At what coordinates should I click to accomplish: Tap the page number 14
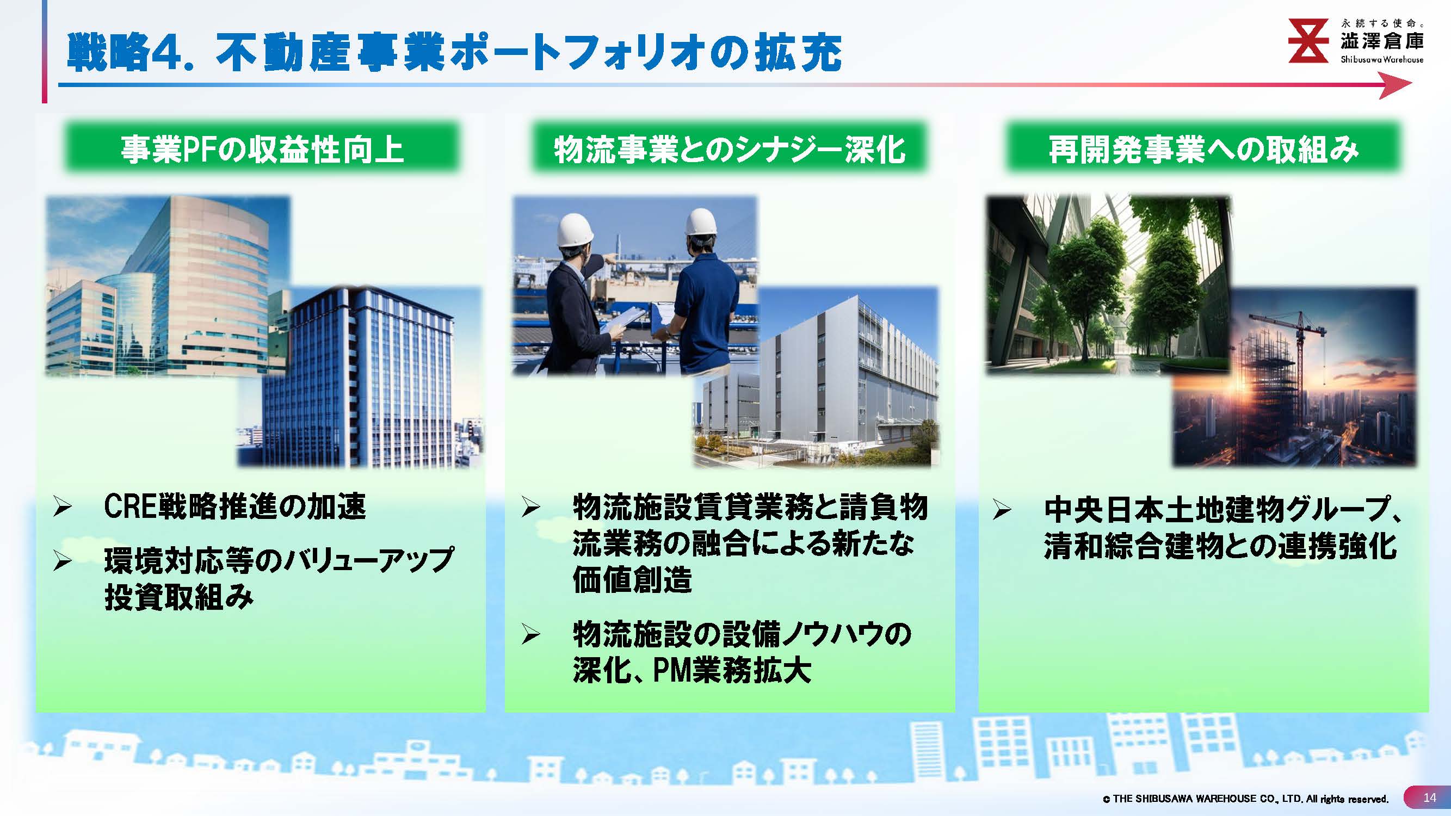coord(1430,798)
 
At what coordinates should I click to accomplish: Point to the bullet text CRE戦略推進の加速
coord(235,507)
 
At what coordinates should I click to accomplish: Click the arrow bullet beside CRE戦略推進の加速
coord(62,508)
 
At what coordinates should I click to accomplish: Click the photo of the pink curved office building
coord(168,286)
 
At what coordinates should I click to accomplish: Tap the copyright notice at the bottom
coord(1245,799)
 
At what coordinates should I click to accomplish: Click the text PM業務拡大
coord(732,671)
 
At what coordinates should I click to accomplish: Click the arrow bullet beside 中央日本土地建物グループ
coord(1002,510)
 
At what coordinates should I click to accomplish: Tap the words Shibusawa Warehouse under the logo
coord(1382,59)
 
